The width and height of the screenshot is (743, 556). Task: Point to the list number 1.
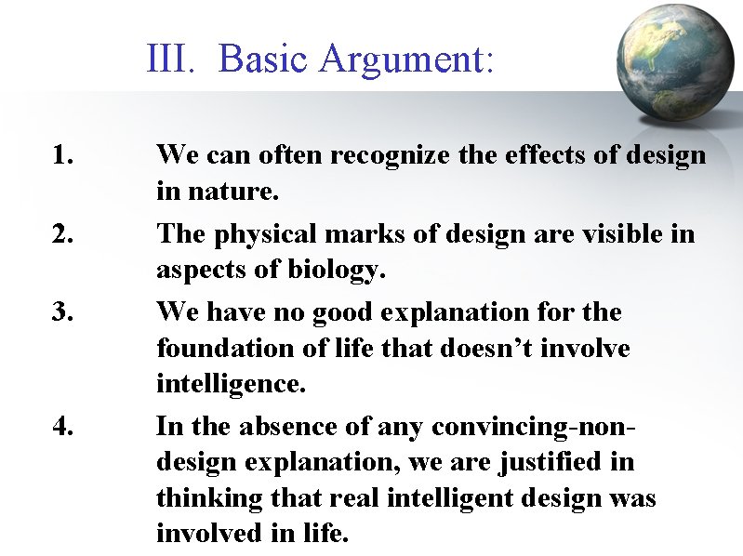[x=63, y=155]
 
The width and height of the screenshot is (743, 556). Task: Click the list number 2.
[x=63, y=233]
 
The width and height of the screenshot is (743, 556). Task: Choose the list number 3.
[x=63, y=311]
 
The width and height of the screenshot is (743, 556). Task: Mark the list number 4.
[x=63, y=427]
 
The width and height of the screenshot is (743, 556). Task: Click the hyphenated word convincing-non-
[x=530, y=427]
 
